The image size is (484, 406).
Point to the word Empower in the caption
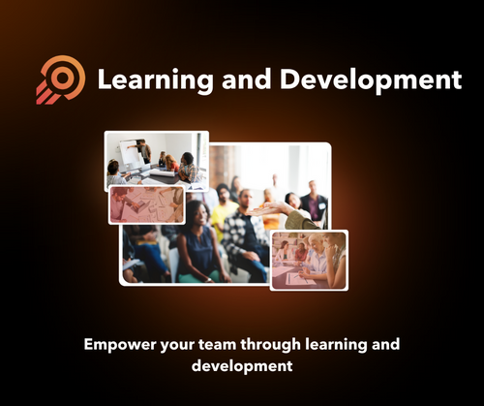pyautogui.click(x=122, y=345)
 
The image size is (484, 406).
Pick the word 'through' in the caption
pyautogui.click(x=279, y=345)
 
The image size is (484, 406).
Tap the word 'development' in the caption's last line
pyautogui.click(x=242, y=367)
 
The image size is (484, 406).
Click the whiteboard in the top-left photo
pyautogui.click(x=130, y=154)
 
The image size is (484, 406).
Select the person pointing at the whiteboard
pyautogui.click(x=144, y=151)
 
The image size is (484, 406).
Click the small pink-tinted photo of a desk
pyautogui.click(x=145, y=204)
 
